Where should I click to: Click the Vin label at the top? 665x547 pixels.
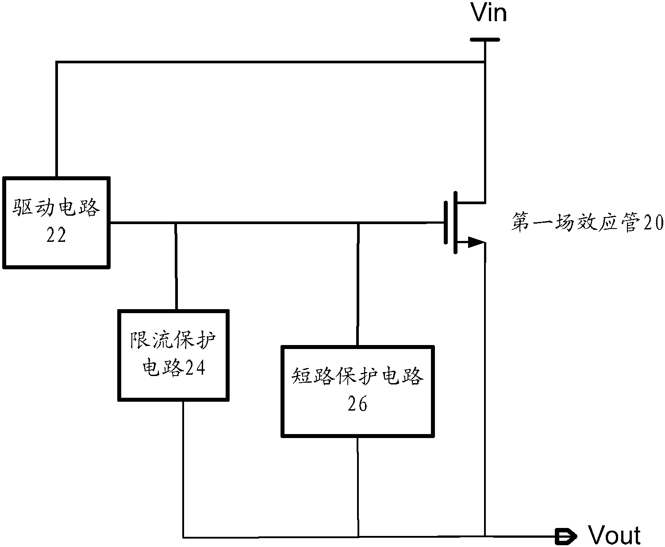tap(489, 13)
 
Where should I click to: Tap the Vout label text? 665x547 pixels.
tap(615, 535)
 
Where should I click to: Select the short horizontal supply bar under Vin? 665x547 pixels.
tap(485, 39)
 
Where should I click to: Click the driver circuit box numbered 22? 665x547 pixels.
tap(56, 222)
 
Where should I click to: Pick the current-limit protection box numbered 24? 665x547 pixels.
tap(173, 355)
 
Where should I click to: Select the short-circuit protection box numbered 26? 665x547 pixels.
tap(357, 391)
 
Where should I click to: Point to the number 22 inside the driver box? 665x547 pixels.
tap(56, 236)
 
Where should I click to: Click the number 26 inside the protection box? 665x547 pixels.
tap(357, 404)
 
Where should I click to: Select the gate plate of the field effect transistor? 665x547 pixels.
tap(445, 222)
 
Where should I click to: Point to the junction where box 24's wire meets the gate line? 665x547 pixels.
tap(176, 222)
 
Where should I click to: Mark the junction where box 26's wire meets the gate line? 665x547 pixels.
tap(358, 222)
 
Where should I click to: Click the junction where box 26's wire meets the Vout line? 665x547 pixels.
tap(358, 537)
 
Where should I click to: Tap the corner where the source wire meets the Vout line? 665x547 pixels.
tap(485, 537)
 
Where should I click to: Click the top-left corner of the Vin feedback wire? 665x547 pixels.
tap(57, 62)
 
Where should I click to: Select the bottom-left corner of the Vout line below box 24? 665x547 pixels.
tap(183, 537)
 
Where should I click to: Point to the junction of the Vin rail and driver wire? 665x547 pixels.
tap(485, 62)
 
